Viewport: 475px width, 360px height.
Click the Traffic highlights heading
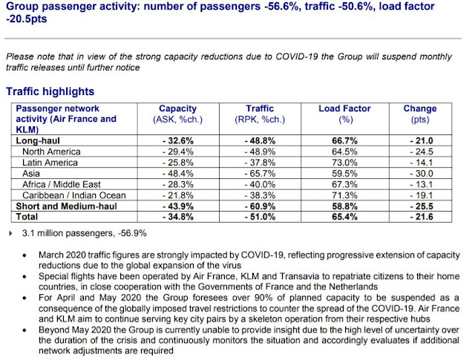click(x=50, y=91)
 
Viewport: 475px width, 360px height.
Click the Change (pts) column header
click(x=419, y=108)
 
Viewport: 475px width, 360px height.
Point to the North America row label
click(x=53, y=151)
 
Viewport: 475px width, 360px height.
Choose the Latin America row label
click(x=50, y=163)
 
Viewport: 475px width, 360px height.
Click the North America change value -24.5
click(x=419, y=151)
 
